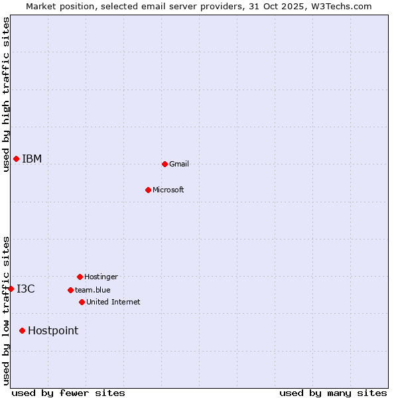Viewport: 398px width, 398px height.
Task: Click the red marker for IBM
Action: (x=16, y=159)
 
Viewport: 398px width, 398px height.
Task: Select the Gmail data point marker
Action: (x=165, y=164)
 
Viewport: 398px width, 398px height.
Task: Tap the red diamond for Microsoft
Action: (x=148, y=190)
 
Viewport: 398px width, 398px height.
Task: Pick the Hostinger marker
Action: (x=80, y=277)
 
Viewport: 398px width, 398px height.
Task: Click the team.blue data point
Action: (x=70, y=290)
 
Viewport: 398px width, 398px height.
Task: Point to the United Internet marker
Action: (x=82, y=302)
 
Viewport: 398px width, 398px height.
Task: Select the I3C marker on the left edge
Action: (x=11, y=289)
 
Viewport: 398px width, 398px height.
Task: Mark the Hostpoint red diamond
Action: (x=22, y=330)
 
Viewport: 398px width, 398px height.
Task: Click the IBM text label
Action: (x=32, y=159)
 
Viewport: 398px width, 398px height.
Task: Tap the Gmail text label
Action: (x=179, y=164)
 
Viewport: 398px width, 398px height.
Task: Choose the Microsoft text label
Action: (x=168, y=190)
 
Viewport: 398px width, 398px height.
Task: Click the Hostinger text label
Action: (x=101, y=277)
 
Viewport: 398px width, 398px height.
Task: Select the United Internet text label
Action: (x=113, y=302)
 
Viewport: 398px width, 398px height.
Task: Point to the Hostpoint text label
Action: (x=53, y=330)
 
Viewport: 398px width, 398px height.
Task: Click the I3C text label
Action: (x=26, y=289)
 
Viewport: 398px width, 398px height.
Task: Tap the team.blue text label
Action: (x=93, y=290)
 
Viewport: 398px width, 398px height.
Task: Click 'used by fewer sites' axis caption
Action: (x=68, y=393)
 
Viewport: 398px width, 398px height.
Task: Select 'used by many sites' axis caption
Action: (x=333, y=393)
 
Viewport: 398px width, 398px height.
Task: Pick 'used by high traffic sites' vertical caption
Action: (x=6, y=94)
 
